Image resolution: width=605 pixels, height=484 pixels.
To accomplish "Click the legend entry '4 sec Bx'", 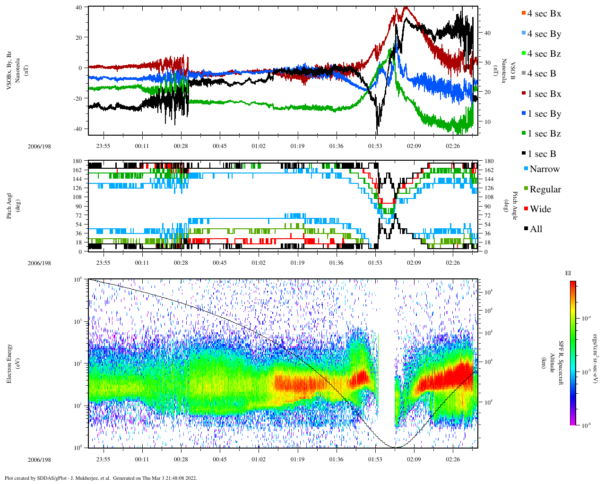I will [544, 14].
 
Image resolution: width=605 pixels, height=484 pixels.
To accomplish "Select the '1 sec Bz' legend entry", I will [544, 134].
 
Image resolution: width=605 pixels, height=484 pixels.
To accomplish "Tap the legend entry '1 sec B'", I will [542, 154].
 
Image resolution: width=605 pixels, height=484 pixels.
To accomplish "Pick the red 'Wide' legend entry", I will [540, 209].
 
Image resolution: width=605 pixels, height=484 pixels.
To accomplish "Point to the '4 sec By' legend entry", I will [544, 34].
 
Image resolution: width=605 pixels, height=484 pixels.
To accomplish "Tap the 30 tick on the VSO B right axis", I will [486, 63].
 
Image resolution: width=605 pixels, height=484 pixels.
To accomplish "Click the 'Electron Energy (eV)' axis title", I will [9, 363].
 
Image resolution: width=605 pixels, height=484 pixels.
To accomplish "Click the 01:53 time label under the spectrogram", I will [375, 459].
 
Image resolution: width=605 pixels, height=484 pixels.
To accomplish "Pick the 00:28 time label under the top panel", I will [181, 146].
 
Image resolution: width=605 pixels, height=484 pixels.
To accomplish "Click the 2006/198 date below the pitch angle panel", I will [39, 263].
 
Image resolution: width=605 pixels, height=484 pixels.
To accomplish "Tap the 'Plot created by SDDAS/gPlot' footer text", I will [100, 478].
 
